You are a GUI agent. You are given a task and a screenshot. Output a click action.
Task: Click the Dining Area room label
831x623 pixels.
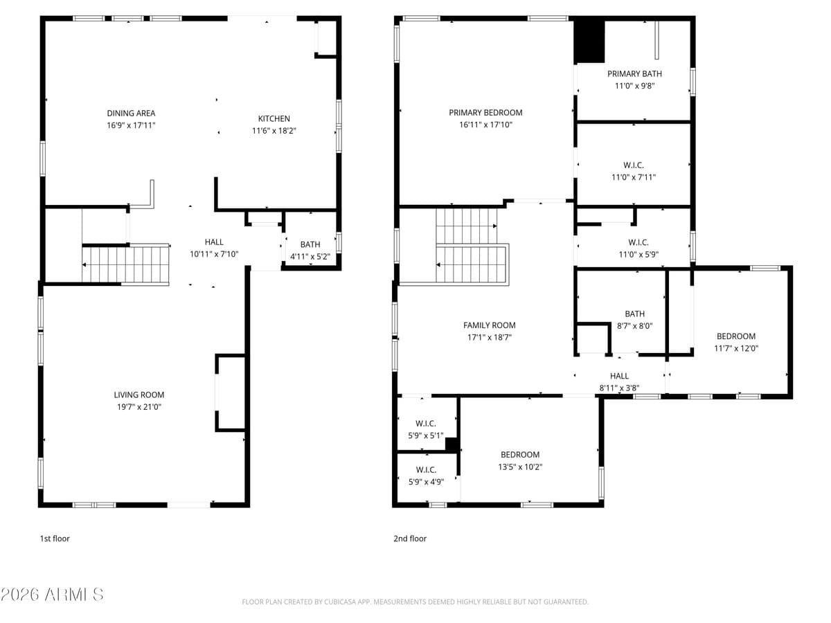(x=131, y=113)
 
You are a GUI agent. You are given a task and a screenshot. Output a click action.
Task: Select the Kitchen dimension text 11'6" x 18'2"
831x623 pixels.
(x=274, y=130)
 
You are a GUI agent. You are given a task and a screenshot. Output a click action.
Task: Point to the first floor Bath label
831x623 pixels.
(x=310, y=244)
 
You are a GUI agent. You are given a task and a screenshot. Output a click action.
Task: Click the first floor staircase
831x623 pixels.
(x=125, y=264)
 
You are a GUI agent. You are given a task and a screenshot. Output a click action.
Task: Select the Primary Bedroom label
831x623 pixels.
(x=485, y=112)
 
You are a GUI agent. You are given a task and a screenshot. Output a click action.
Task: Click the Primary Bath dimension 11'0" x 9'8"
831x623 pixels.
(x=634, y=86)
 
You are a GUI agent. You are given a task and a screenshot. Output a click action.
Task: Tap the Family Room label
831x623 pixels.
(x=489, y=325)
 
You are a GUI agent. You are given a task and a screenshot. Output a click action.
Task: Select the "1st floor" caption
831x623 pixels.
(x=55, y=539)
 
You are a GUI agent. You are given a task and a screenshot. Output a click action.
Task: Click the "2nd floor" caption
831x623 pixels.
(x=410, y=539)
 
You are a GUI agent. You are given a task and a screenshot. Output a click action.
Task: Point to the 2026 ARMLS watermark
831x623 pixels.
(x=53, y=595)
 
